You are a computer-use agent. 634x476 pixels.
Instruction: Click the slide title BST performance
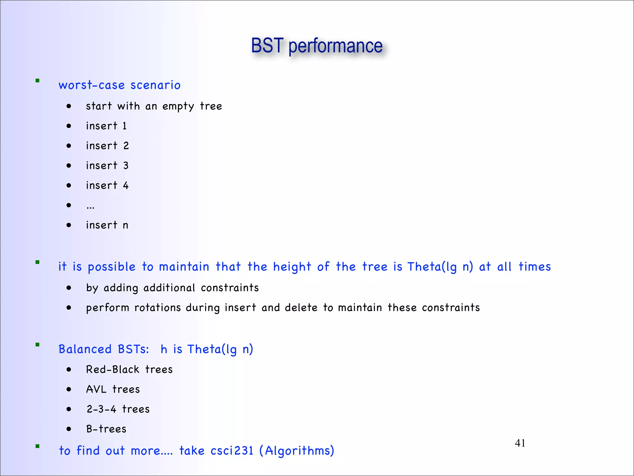[317, 46]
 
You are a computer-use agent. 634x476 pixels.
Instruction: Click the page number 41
[520, 443]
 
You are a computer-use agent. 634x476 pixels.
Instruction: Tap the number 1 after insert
[124, 126]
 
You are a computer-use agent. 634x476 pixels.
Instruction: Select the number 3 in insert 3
[126, 165]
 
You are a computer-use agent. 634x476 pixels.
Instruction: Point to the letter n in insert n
[125, 225]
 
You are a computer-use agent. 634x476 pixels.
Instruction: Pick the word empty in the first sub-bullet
[178, 106]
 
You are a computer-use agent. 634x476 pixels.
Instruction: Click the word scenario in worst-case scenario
[155, 85]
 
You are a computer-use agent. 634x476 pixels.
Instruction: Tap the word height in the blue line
[292, 267]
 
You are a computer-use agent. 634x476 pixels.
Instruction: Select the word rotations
[158, 307]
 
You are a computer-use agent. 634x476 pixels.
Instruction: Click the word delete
[301, 307]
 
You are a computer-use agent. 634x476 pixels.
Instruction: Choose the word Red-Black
[113, 369]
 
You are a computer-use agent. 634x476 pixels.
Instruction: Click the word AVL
[96, 389]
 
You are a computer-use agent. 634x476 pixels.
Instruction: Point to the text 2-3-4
[101, 409]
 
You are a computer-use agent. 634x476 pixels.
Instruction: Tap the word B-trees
[106, 429]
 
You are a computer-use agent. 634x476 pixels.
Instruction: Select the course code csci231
[232, 451]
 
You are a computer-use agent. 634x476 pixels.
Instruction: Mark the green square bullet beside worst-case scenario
[37, 81]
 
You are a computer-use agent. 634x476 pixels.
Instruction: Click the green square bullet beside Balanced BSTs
[37, 345]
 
